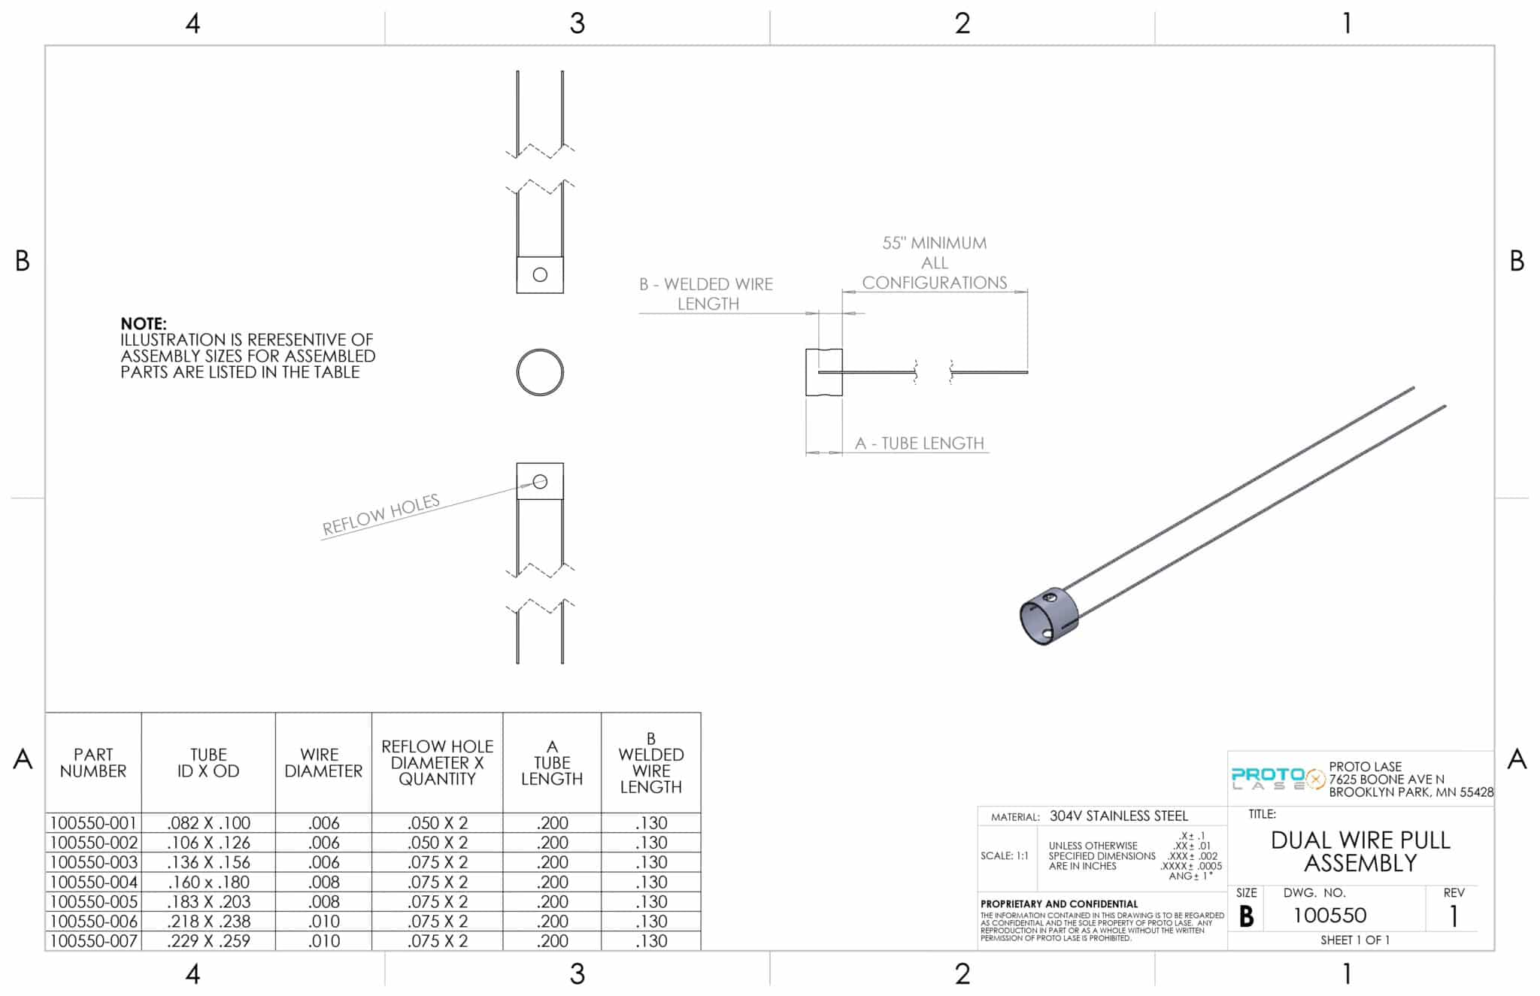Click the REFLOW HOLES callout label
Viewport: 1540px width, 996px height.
point(380,515)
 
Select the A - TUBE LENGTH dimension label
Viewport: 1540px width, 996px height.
point(919,444)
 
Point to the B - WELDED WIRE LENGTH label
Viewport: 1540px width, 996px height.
point(706,294)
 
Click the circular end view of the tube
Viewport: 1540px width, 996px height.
point(540,372)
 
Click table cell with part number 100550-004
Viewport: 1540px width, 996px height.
point(93,882)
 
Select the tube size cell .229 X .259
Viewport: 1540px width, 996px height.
point(208,941)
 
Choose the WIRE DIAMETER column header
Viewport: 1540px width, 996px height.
point(323,762)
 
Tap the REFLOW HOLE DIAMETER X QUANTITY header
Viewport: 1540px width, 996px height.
point(437,762)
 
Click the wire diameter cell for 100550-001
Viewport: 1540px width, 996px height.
point(323,823)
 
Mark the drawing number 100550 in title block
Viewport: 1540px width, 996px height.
point(1329,915)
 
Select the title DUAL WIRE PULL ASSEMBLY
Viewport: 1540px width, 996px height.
point(1360,851)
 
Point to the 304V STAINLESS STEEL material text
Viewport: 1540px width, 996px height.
point(1118,816)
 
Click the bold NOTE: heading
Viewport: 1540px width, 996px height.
point(143,323)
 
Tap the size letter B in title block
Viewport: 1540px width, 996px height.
point(1246,916)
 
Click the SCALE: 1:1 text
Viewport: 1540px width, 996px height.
point(1004,855)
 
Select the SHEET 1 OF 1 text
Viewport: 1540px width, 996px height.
point(1354,940)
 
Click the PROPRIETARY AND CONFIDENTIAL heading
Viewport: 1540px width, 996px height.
point(1059,904)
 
